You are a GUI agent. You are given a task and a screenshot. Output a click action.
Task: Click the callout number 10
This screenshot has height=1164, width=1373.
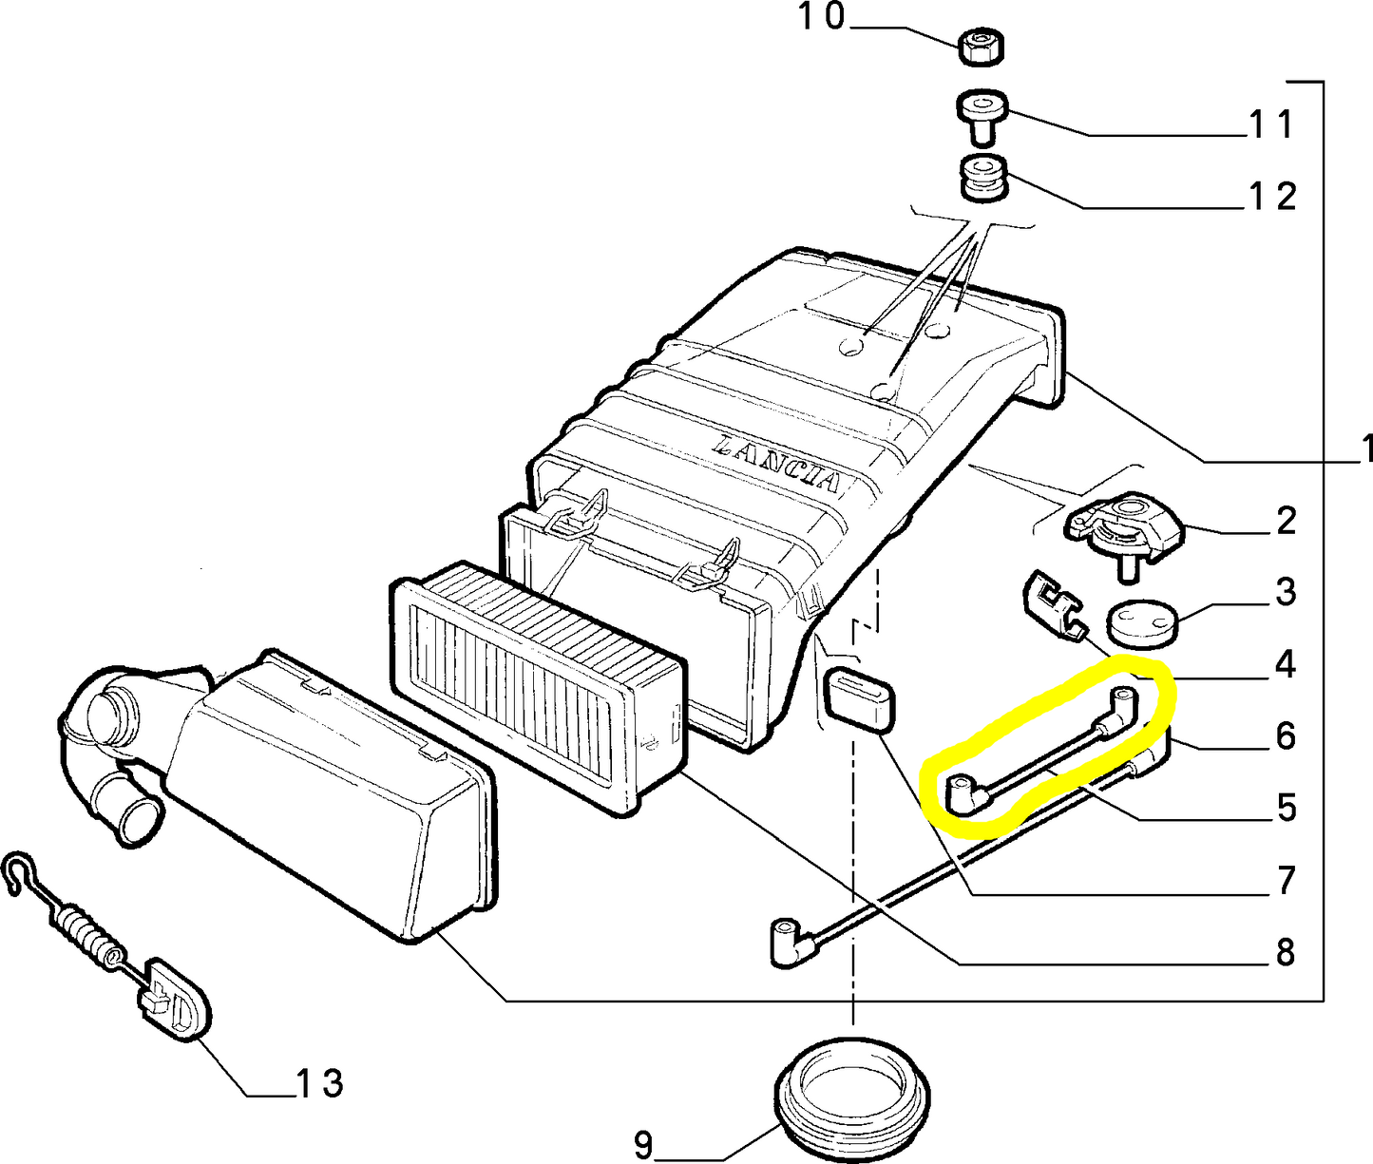(822, 16)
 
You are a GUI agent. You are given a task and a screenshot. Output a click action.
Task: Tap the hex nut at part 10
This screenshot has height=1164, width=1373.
(981, 47)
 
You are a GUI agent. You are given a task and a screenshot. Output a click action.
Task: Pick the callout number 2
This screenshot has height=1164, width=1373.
(1286, 520)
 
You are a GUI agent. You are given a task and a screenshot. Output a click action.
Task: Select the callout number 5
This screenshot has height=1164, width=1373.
(1287, 808)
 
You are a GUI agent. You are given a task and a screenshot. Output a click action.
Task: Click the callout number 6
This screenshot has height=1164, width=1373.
(1287, 736)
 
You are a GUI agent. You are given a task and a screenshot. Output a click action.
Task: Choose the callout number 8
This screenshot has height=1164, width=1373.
(1286, 953)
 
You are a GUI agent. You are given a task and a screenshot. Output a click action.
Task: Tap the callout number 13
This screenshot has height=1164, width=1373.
(319, 1084)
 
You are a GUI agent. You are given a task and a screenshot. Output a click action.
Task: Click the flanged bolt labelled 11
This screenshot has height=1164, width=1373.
(982, 117)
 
